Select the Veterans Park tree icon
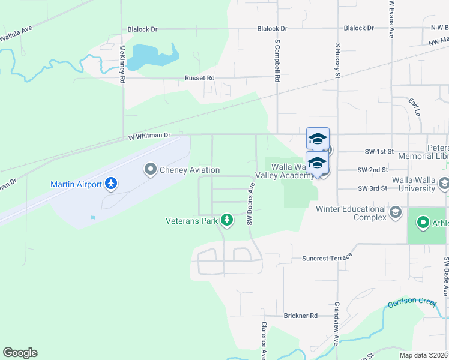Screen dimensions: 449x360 click(227, 221)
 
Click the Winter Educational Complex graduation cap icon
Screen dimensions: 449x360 click(396, 212)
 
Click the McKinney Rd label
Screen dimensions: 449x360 click(122, 65)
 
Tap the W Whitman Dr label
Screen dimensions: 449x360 click(149, 137)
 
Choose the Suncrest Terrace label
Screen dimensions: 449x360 click(325, 258)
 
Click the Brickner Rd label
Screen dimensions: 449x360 click(301, 316)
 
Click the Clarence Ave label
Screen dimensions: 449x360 click(263, 340)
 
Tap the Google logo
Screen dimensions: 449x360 click(20, 353)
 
